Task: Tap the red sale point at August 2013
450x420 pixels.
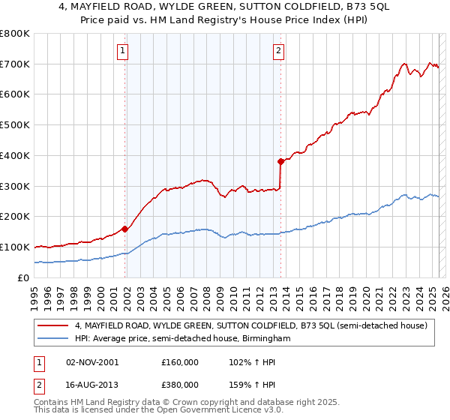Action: [280, 161]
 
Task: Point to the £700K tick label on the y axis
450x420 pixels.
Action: [15, 64]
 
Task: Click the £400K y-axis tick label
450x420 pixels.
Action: [15, 156]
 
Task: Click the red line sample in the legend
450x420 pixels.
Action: [53, 325]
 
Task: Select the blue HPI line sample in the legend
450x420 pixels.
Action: [53, 339]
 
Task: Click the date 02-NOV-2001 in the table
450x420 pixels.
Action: [92, 362]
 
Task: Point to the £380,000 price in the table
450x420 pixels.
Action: [180, 384]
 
